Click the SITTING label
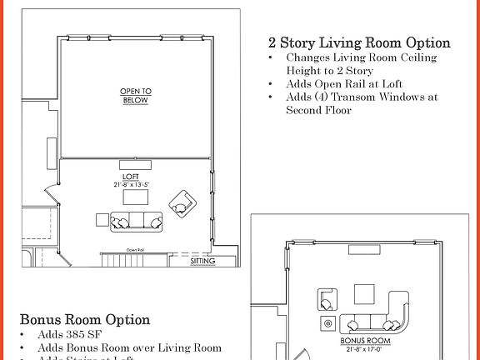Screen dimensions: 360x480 click(x=202, y=262)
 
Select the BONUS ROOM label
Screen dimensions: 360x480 click(x=366, y=341)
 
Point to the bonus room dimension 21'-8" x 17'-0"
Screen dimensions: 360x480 click(x=366, y=348)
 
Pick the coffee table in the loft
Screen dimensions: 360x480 click(x=135, y=197)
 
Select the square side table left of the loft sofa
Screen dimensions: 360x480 click(x=102, y=222)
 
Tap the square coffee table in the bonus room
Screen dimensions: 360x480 click(x=364, y=294)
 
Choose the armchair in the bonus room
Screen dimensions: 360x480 click(x=326, y=299)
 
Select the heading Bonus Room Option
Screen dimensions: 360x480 click(x=85, y=320)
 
